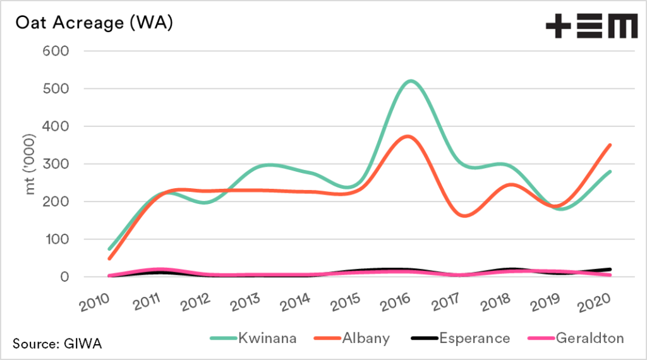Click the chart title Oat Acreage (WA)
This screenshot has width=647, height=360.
point(93,23)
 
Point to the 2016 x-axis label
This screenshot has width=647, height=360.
point(405,299)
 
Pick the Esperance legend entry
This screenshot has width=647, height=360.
point(456,339)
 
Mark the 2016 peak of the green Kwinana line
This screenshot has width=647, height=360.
point(411,81)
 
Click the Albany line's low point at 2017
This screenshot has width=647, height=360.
point(463,216)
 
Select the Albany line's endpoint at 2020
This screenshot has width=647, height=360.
point(610,145)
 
